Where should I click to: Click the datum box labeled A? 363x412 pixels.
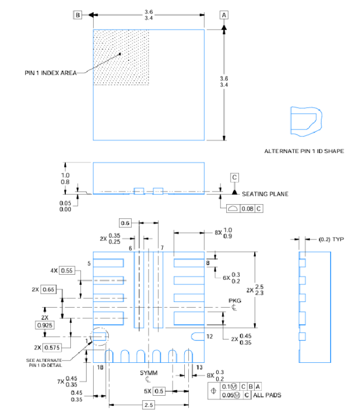[x=224, y=15]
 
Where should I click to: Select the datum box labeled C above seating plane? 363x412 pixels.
[x=235, y=178]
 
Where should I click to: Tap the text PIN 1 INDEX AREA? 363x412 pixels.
[x=51, y=73]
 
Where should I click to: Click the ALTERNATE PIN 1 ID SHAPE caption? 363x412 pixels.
[x=304, y=151]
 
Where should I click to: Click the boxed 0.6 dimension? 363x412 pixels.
[x=125, y=223]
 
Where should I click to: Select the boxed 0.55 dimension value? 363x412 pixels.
[x=66, y=270]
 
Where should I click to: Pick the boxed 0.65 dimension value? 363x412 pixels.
[x=48, y=290]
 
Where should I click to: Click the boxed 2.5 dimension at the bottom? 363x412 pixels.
[x=149, y=405]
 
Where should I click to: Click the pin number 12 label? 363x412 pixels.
[x=210, y=337]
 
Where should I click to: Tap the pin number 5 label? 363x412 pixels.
[x=88, y=262]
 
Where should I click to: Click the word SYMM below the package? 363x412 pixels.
[x=149, y=372]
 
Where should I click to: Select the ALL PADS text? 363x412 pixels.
[x=266, y=395]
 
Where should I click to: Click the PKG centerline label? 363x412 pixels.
[x=235, y=300]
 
